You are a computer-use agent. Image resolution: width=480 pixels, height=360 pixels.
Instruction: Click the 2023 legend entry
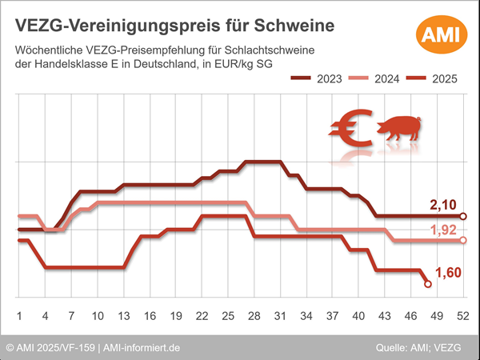coord(317,79)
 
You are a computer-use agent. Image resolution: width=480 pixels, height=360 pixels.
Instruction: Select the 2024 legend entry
coord(374,79)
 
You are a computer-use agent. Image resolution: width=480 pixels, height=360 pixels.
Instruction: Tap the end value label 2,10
coord(444,206)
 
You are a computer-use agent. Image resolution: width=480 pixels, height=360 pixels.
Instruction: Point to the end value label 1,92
coord(444,230)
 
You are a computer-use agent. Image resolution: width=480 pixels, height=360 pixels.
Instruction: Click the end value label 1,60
coord(449,274)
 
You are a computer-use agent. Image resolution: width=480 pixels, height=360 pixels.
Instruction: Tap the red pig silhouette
coord(400,131)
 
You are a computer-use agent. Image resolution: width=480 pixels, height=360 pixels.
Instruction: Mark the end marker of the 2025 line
coord(427,284)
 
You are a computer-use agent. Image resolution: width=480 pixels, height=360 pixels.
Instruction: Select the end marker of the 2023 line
coord(463,216)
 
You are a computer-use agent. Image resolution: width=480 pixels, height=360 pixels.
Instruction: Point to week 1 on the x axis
coord(19,315)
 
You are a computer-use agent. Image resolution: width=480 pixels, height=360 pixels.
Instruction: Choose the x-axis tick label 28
coord(254,315)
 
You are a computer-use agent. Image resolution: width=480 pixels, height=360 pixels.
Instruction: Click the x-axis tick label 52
coord(462,315)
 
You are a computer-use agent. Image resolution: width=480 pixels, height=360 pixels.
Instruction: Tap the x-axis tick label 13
coord(123,315)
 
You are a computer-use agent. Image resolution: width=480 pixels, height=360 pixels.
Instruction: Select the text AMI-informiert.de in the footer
coord(142,348)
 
